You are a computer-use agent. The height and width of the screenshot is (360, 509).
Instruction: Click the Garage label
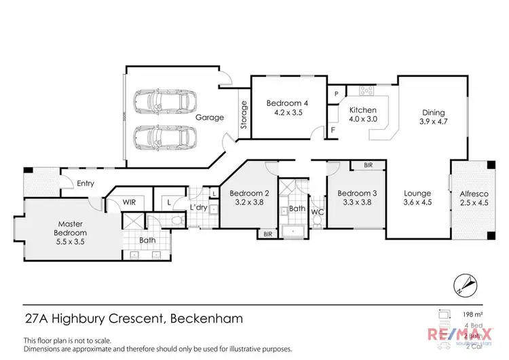point(210,118)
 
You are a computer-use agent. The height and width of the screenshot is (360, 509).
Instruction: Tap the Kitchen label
point(362,110)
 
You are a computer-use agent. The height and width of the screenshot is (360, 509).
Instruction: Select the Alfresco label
point(473,193)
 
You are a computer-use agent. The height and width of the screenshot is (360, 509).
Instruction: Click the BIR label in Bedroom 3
point(367,165)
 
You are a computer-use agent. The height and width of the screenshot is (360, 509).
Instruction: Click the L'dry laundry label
point(197,206)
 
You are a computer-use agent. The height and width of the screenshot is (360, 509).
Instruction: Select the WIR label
point(130,202)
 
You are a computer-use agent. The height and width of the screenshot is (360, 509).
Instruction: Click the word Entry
point(86,183)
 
